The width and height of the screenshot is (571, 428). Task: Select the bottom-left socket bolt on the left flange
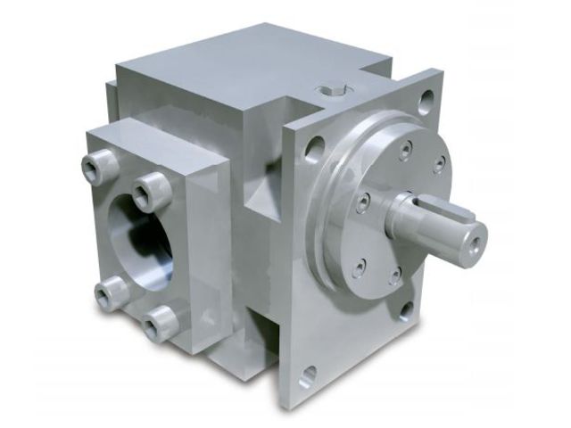point(112,292)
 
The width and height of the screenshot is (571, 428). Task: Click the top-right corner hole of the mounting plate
point(426,102)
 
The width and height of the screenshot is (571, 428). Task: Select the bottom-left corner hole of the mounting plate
point(307,375)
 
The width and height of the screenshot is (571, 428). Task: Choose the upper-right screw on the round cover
point(439,163)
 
